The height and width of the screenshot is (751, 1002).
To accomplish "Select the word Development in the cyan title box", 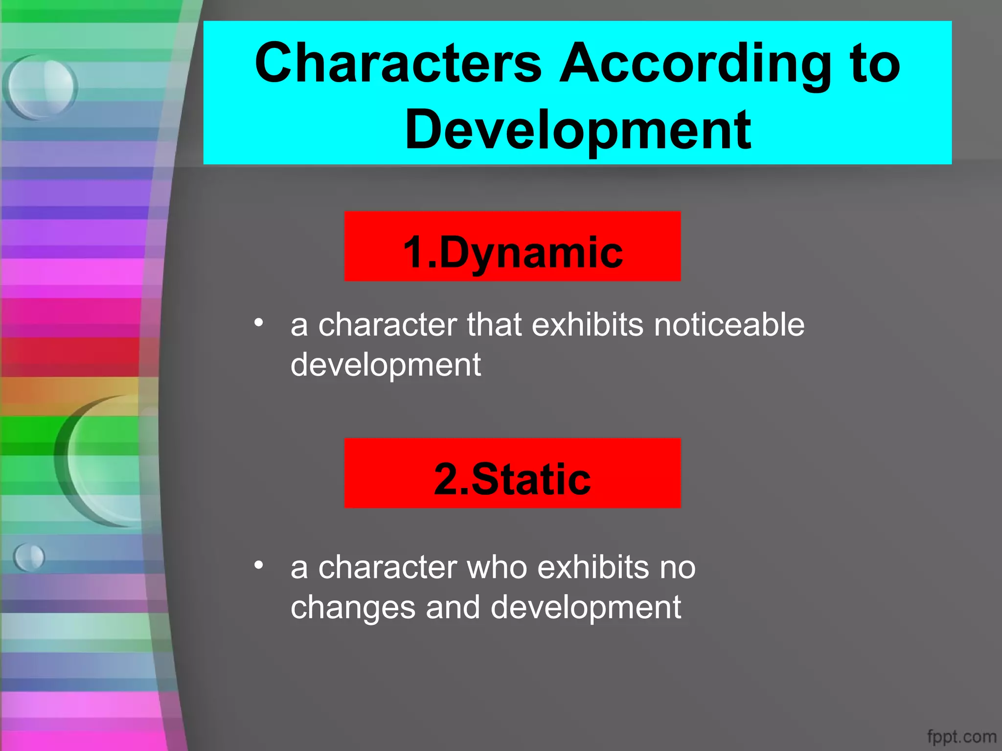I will (577, 130).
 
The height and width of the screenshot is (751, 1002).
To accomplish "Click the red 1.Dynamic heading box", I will (512, 246).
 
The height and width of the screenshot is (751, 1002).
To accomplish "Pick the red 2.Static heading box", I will (512, 473).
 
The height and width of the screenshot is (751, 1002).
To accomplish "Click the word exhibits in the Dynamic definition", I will (588, 325).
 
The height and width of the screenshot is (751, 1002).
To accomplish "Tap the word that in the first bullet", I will (494, 325).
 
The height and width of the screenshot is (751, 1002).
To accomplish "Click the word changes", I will (353, 608).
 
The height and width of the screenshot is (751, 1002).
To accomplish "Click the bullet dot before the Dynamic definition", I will (259, 322).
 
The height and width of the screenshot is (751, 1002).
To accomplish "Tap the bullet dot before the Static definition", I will (259, 565).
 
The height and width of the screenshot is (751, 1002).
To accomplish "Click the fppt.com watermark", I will (961, 736).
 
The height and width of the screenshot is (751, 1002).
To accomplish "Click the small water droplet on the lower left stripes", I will (29, 557).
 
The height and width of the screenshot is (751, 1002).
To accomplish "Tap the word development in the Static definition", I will (585, 608).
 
